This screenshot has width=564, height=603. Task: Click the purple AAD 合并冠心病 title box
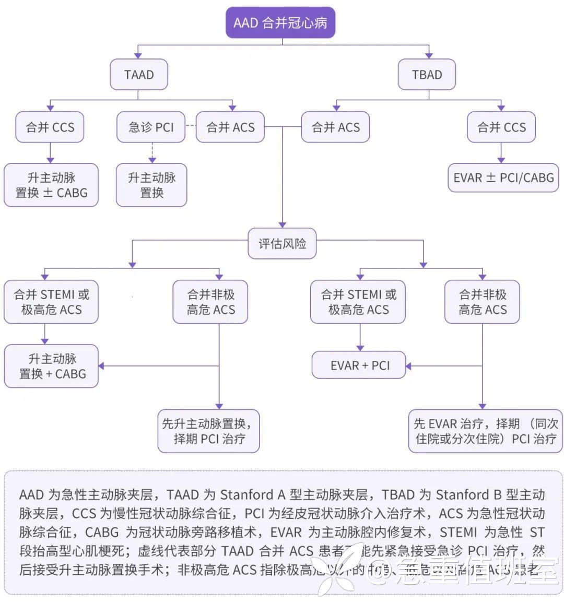click(x=280, y=22)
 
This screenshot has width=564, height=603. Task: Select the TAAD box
click(x=139, y=75)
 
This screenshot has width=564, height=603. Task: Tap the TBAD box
click(x=427, y=75)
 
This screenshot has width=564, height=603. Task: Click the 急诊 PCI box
click(x=151, y=127)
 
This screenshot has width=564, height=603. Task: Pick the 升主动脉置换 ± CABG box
click(x=51, y=185)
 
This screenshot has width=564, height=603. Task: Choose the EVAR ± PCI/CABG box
click(x=503, y=178)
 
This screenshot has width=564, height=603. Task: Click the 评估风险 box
click(x=282, y=243)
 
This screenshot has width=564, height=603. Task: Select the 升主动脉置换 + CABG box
click(x=52, y=366)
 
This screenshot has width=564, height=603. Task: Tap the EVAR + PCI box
click(x=360, y=365)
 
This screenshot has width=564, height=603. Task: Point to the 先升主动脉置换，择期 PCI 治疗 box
click(x=209, y=431)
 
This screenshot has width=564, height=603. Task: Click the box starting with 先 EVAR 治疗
click(x=486, y=431)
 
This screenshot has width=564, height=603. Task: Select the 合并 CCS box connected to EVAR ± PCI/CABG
click(x=501, y=127)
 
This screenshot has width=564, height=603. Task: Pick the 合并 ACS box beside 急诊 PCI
click(x=230, y=127)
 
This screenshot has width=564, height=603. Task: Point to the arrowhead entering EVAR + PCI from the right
click(x=408, y=366)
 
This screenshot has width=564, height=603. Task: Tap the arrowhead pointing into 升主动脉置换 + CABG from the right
click(x=101, y=366)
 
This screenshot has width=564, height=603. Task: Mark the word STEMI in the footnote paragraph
click(x=459, y=532)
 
